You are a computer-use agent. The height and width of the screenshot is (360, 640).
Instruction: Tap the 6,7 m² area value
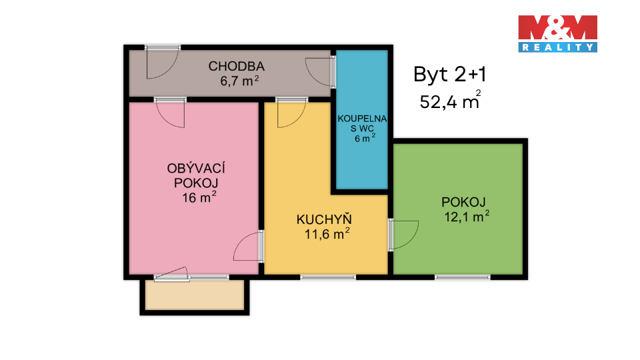pos(239,81)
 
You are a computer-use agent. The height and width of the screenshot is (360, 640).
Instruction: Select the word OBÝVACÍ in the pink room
pos(196,168)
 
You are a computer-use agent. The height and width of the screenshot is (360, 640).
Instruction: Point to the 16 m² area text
pos(199,197)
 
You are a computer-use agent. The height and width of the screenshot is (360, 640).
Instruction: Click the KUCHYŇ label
pos(324,219)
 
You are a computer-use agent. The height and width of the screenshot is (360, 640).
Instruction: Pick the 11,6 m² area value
pos(327,234)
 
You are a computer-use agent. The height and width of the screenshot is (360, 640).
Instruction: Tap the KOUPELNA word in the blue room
pos(362,119)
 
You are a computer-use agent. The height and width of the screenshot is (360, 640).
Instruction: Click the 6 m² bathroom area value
pos(365,138)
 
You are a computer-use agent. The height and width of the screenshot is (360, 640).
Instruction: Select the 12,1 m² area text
pos(467,216)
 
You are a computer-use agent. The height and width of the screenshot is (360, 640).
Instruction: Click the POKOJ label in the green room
pos(463,202)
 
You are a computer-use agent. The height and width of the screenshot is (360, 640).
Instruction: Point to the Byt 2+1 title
pos(450,75)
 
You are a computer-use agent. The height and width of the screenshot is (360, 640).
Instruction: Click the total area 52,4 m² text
pos(450,101)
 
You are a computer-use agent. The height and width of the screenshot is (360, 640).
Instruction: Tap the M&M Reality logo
pos(557,34)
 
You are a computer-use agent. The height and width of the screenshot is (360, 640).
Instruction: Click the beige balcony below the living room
pos(195,295)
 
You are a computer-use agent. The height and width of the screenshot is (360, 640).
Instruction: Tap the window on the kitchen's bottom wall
pos(328,277)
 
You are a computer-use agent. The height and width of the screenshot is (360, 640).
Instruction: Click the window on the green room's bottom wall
pos(463,277)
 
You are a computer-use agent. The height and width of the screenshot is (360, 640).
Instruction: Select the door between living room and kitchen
pos(249,246)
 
